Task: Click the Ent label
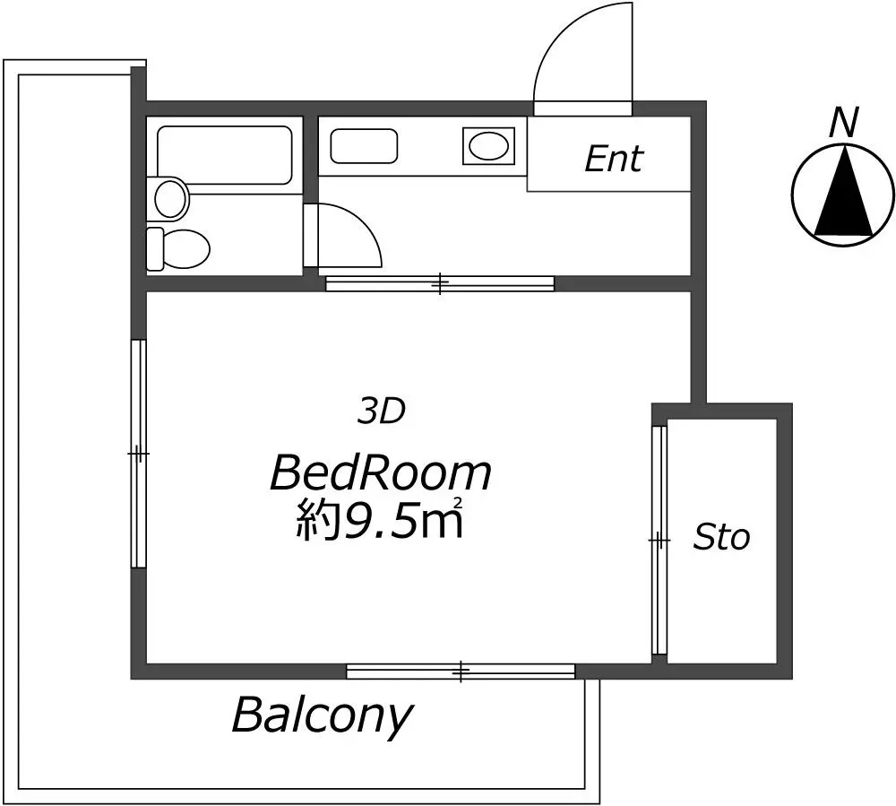coord(614,159)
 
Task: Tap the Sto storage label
coord(720,537)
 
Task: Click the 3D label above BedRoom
coord(381,411)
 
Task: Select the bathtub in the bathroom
coord(225,155)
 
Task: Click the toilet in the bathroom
coord(178,248)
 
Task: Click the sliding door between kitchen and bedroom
coord(440,283)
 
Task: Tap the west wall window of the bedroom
coord(138,454)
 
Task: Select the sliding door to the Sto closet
coord(659,540)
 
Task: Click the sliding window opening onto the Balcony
coord(461,672)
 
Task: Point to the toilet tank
coord(155,248)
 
